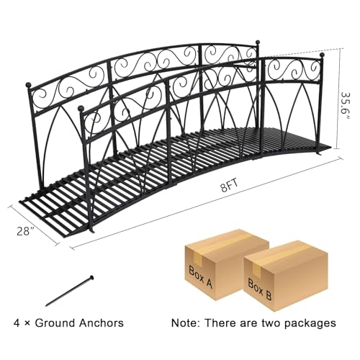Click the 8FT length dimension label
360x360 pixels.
(x=230, y=186)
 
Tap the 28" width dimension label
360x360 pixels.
(x=25, y=231)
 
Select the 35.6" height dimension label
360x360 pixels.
(x=345, y=106)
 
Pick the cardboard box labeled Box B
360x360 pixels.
(x=286, y=276)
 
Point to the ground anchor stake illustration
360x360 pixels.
(x=69, y=291)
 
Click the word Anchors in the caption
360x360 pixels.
(x=101, y=323)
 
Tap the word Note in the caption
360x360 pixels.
(x=184, y=323)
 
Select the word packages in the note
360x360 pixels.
(x=310, y=324)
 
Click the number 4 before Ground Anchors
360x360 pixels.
(x=17, y=323)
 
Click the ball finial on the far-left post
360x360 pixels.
(x=29, y=85)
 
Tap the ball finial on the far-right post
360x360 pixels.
(x=322, y=55)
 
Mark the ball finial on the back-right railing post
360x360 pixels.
(x=258, y=42)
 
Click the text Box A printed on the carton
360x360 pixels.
(x=200, y=276)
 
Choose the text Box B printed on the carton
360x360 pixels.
(x=260, y=289)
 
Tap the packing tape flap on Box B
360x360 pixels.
(x=258, y=269)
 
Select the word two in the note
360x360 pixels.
(x=270, y=323)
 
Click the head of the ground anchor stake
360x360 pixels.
(x=91, y=278)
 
